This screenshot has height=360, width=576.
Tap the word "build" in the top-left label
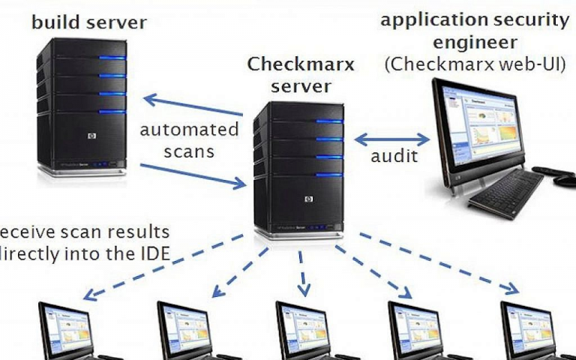pyautogui.click(x=56, y=22)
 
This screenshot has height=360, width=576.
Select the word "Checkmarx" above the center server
pyautogui.click(x=301, y=64)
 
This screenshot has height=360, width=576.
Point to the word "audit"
pyautogui.click(x=394, y=157)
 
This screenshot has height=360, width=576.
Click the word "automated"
pyautogui.click(x=189, y=129)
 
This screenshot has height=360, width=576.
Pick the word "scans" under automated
pyautogui.click(x=189, y=151)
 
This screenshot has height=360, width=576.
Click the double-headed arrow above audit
pyautogui.click(x=391, y=139)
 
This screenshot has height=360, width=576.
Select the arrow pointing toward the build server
pyautogui.click(x=193, y=105)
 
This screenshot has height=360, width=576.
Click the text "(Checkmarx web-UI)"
pyautogui.click(x=475, y=64)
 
